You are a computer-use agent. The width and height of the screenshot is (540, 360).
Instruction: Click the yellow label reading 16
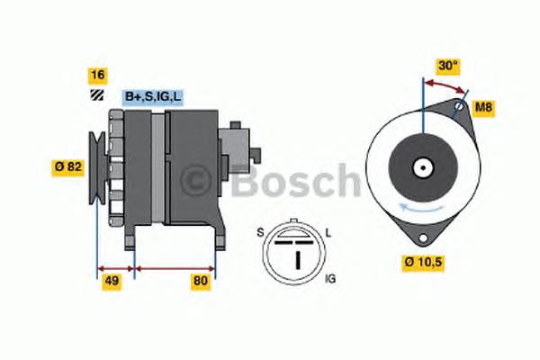click(98, 76)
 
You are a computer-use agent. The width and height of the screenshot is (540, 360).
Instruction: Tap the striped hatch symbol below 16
click(97, 95)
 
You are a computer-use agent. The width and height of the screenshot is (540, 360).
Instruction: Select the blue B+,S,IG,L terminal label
click(153, 97)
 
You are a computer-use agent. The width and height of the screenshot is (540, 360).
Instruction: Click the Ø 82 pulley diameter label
click(68, 167)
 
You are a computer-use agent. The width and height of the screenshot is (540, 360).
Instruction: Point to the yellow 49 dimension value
click(112, 281)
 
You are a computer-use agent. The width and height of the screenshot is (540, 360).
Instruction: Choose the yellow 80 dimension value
click(201, 281)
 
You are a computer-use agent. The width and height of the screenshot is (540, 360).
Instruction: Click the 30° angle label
click(448, 66)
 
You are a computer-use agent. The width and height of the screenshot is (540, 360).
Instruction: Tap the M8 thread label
click(483, 108)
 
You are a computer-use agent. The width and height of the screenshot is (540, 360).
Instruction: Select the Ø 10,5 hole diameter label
click(423, 263)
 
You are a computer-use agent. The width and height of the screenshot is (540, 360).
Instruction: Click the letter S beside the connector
click(260, 233)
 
